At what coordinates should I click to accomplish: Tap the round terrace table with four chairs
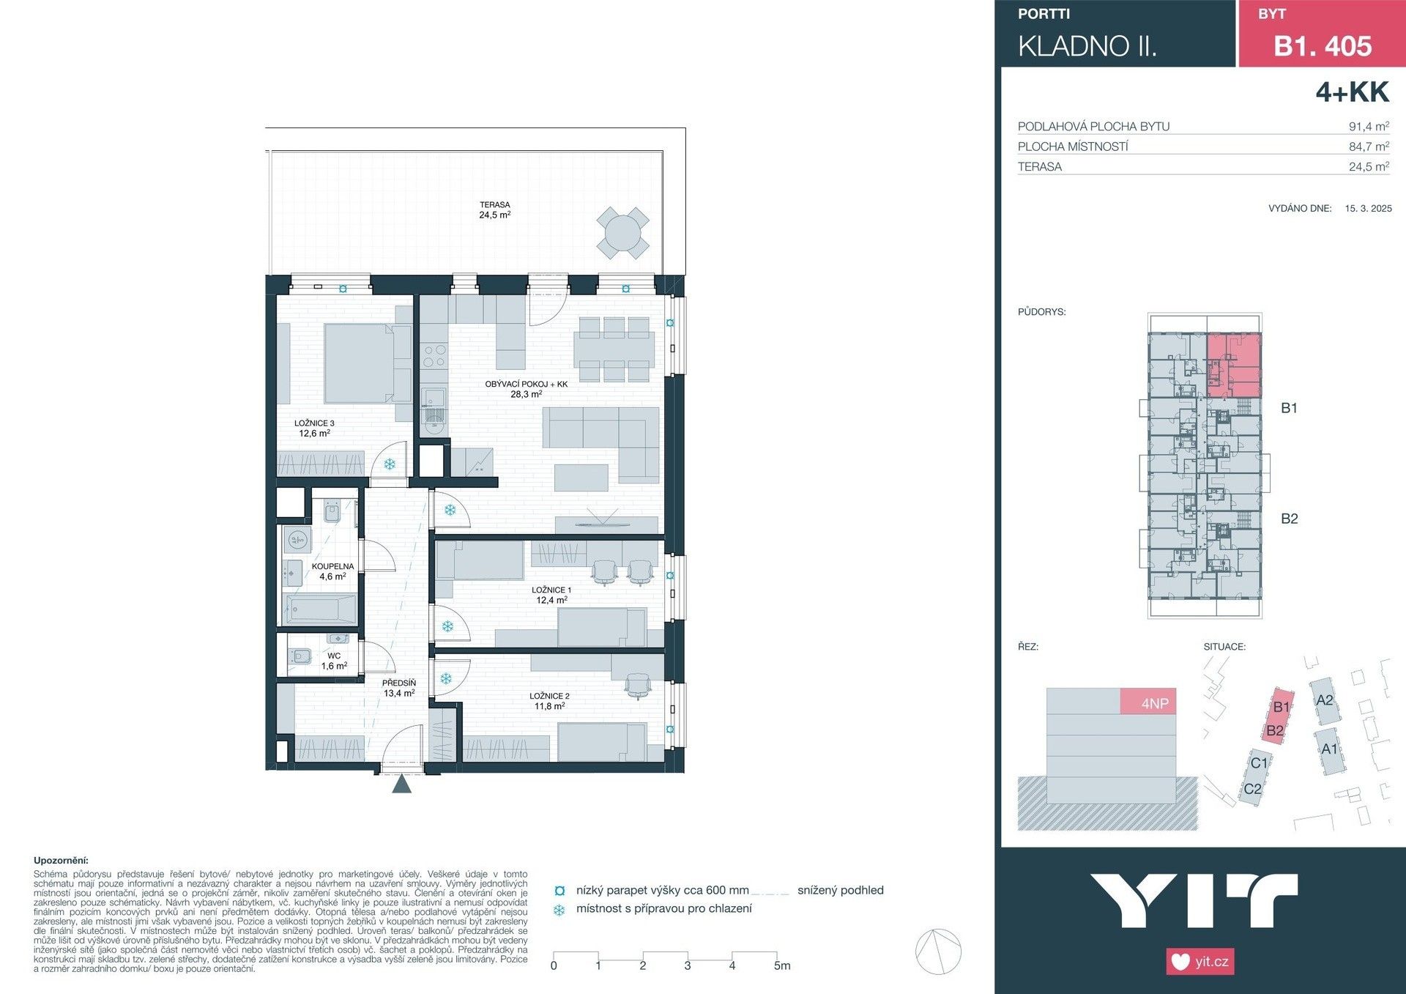point(622,233)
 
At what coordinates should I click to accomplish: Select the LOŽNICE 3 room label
point(314,429)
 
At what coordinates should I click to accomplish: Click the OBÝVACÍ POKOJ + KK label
point(526,389)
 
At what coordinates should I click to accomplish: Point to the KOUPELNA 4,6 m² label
point(332,571)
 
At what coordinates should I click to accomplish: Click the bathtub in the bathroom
point(321,608)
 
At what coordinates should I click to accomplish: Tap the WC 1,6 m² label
point(334,661)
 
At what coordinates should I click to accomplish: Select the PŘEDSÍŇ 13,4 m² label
point(399,688)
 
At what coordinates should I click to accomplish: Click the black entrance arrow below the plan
point(401,784)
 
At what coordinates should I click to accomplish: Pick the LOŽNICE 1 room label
point(551,595)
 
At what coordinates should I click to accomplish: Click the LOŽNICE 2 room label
point(549,701)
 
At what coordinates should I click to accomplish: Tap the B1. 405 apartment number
point(1323,46)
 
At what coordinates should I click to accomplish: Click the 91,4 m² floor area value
point(1368,126)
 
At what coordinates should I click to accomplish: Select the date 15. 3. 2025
point(1368,208)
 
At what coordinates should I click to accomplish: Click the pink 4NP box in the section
point(1148,702)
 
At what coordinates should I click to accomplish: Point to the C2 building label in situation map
point(1252,789)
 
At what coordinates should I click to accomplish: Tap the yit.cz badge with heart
point(1199,961)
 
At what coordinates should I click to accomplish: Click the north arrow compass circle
point(938,952)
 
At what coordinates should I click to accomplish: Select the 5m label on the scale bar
point(782,965)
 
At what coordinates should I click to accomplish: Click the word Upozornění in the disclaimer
point(61,861)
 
